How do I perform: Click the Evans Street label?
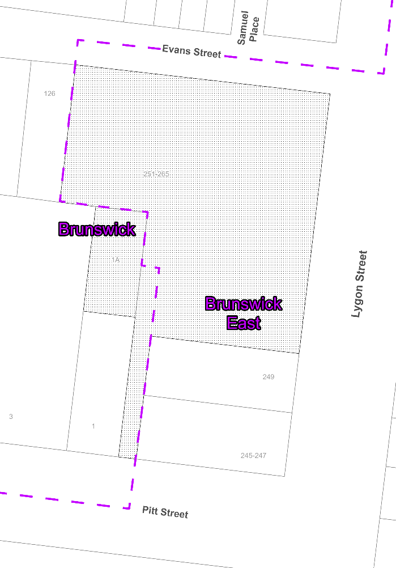pos(191,51)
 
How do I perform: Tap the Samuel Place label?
pos(248,31)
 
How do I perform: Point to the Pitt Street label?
pos(165,512)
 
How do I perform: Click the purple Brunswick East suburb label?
pos(244,313)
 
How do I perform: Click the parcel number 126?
pos(50,94)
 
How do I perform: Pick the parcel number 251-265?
pos(156,174)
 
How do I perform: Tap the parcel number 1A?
pos(116,260)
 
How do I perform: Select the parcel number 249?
pos(269,376)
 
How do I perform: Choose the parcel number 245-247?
pos(253,455)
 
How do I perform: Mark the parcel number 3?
pos(11,417)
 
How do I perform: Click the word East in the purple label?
pos(244,323)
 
